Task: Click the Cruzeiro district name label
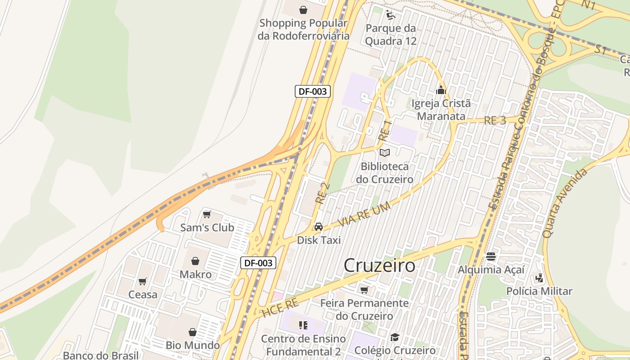(x=379, y=265)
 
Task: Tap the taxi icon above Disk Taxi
(x=319, y=227)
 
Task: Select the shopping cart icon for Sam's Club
(x=207, y=214)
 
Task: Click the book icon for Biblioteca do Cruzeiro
(x=385, y=153)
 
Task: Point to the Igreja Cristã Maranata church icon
(x=441, y=90)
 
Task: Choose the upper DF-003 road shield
(x=313, y=91)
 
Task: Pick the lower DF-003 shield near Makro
(x=258, y=263)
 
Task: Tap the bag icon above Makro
(x=195, y=261)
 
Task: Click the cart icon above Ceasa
(x=143, y=282)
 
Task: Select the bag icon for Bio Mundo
(x=193, y=332)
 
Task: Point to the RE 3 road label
(x=495, y=121)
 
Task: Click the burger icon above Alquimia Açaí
(x=491, y=256)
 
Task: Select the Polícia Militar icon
(x=539, y=278)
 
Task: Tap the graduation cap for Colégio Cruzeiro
(x=395, y=337)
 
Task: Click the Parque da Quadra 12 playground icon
(x=391, y=15)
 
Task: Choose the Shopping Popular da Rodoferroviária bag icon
(x=303, y=9)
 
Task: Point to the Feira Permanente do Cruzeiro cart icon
(x=364, y=290)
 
